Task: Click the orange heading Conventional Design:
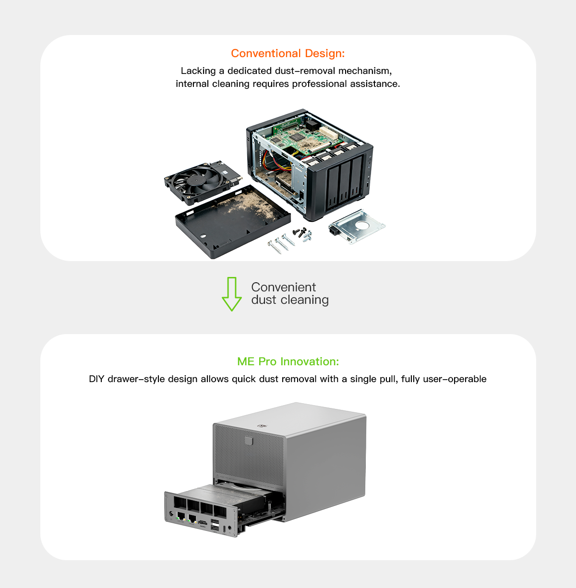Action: (288, 53)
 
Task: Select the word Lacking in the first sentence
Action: (198, 71)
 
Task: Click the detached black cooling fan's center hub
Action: (196, 181)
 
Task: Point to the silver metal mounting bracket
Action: (357, 226)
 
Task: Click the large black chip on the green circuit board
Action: (295, 137)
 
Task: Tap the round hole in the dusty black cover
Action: (203, 236)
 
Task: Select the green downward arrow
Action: (232, 294)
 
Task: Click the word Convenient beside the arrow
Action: (283, 287)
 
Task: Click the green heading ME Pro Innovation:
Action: (288, 361)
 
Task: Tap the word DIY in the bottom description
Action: (96, 379)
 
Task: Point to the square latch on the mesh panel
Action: (249, 441)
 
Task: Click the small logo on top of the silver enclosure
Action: (262, 426)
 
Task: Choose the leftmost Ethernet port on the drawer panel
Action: (180, 516)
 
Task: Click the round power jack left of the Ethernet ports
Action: (171, 514)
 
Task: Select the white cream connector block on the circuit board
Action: (329, 133)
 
